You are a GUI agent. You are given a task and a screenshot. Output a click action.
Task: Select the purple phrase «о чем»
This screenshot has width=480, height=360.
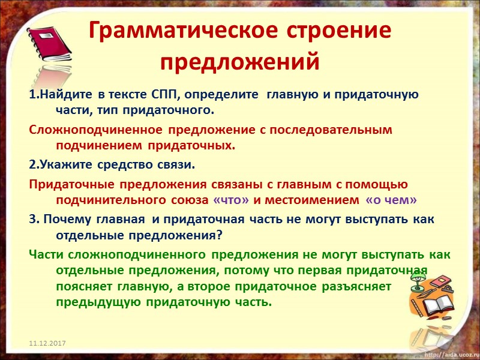pos(391,200)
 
